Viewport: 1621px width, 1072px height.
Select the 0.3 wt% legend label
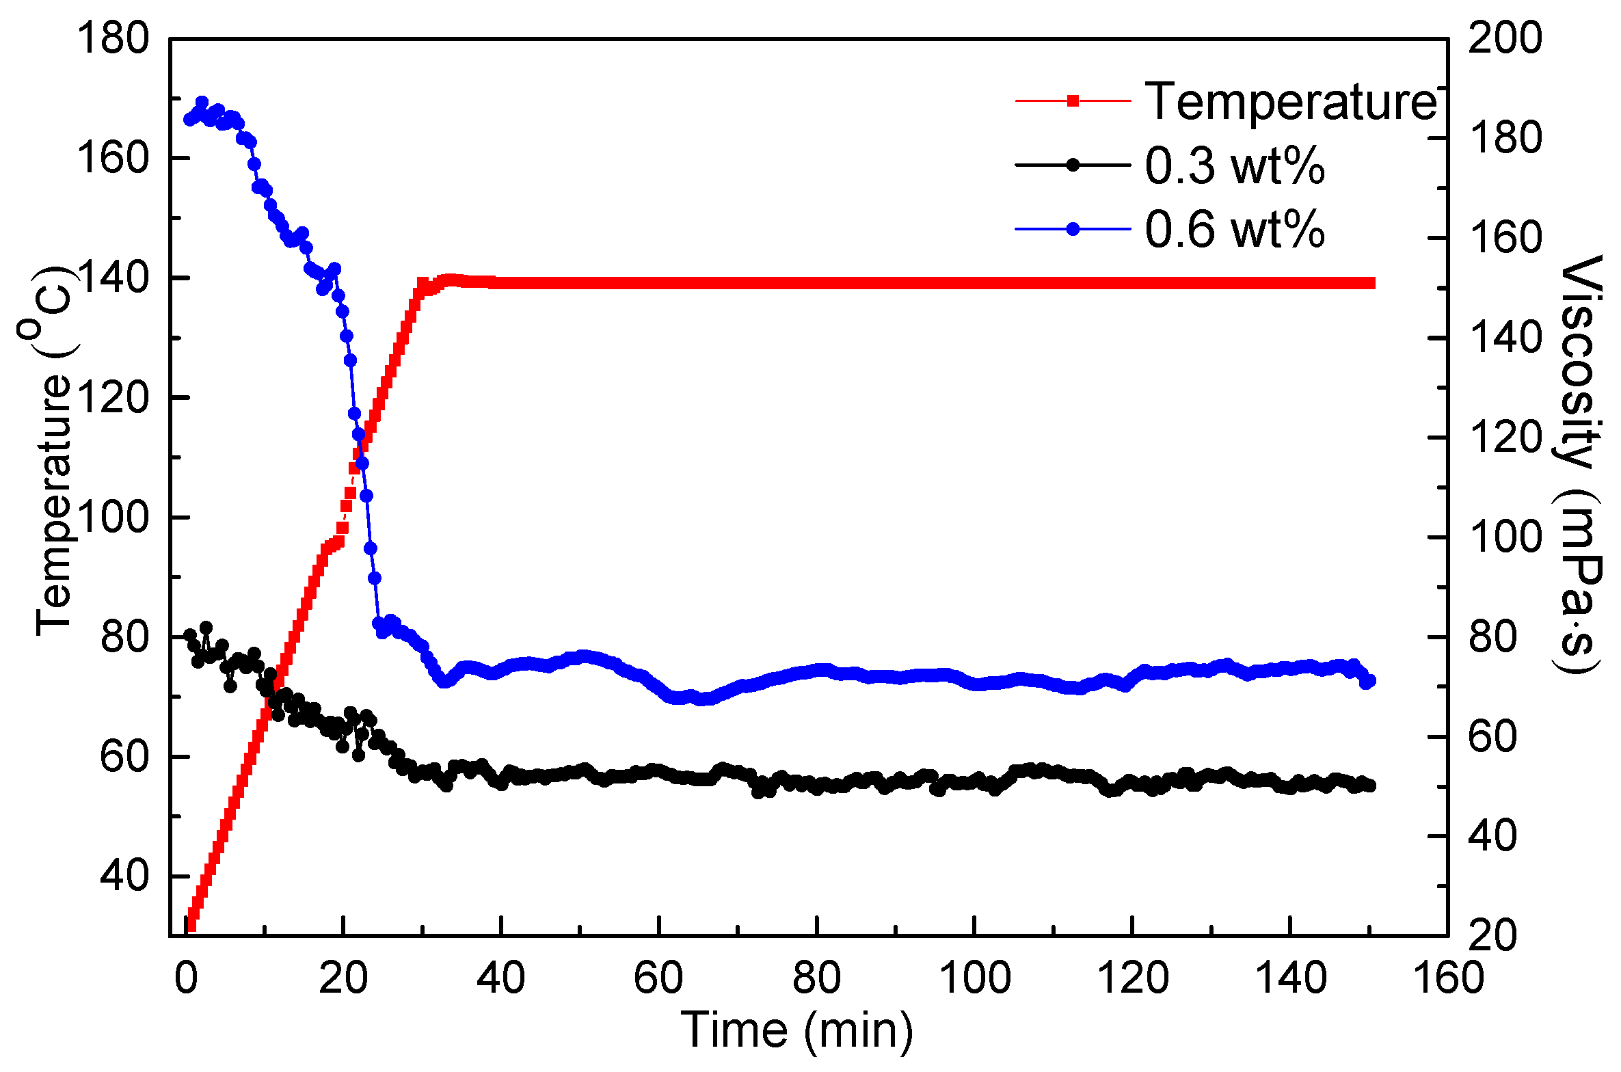pos(1235,165)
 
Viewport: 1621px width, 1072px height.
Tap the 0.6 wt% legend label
pos(1235,229)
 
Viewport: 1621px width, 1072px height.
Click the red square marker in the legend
pos(1073,101)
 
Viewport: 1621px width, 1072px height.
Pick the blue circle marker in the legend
pos(1073,229)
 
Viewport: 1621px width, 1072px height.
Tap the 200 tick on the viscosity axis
pos(1505,38)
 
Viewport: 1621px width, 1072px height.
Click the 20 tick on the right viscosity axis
pos(1492,935)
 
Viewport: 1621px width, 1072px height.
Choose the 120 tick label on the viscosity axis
pos(1505,437)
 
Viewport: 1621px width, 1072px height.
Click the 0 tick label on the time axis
pos(186,978)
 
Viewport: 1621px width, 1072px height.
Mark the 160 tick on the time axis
pos(1448,978)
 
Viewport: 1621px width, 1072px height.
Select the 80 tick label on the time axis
pos(816,978)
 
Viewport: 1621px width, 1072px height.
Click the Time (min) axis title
pos(797,1030)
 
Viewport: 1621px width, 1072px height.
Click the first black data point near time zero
pos(190,635)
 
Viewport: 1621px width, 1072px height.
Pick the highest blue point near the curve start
pos(202,103)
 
